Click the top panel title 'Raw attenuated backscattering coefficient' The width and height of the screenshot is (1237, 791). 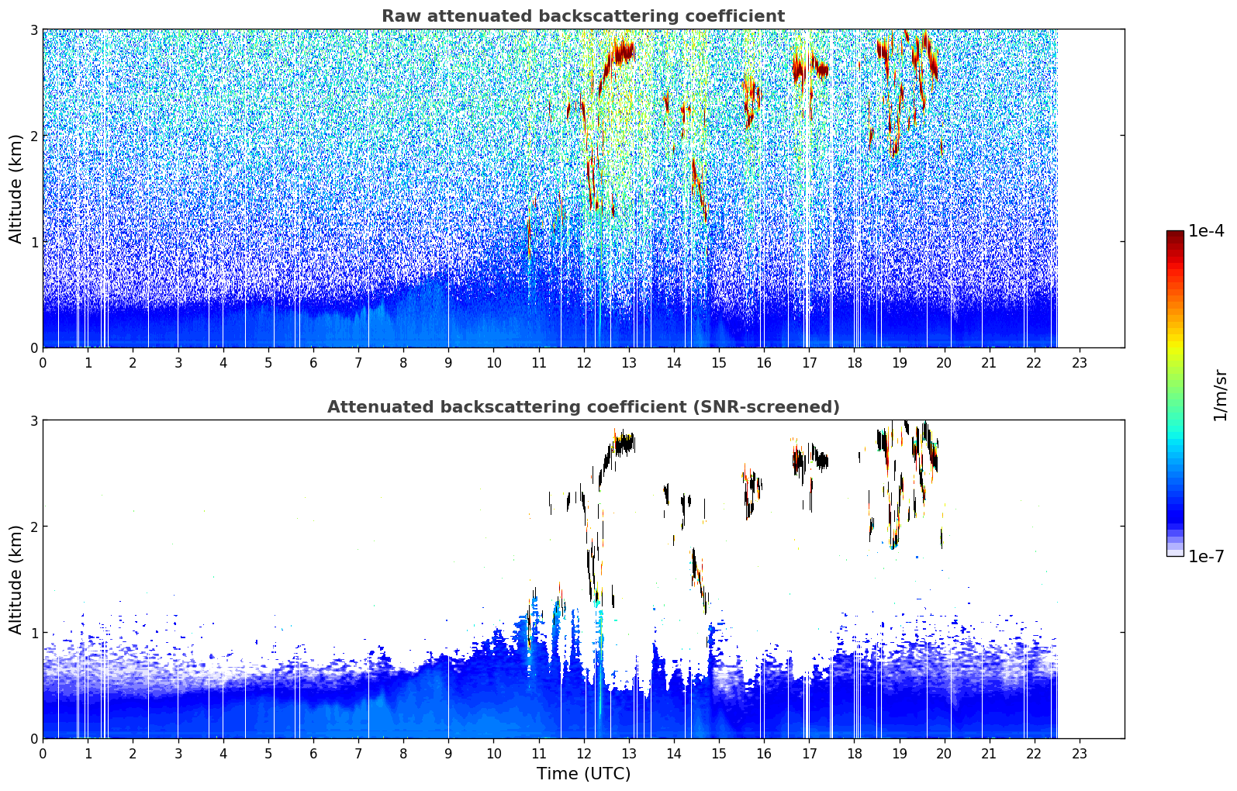[583, 16]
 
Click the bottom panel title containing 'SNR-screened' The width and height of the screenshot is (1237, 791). [583, 407]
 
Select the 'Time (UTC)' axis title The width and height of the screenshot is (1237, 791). [583, 773]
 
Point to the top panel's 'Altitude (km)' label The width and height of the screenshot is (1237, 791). [16, 189]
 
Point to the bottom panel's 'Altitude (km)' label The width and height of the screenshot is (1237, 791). [16, 579]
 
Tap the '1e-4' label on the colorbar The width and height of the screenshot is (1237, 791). [1206, 231]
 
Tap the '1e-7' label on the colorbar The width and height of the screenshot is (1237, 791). [1206, 556]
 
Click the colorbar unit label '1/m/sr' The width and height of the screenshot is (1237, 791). [1220, 395]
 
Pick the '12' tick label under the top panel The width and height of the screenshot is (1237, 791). [584, 363]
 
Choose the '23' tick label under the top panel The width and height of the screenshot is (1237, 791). [1079, 363]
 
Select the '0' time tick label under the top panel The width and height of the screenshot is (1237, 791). [43, 363]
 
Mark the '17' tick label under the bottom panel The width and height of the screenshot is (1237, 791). [809, 754]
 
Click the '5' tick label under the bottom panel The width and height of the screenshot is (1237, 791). [268, 754]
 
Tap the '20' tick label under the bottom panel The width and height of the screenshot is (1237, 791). [944, 754]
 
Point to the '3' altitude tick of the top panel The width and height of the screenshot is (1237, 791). [33, 29]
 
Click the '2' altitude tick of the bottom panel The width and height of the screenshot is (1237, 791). [33, 527]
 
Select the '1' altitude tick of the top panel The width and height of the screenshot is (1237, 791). [33, 242]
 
